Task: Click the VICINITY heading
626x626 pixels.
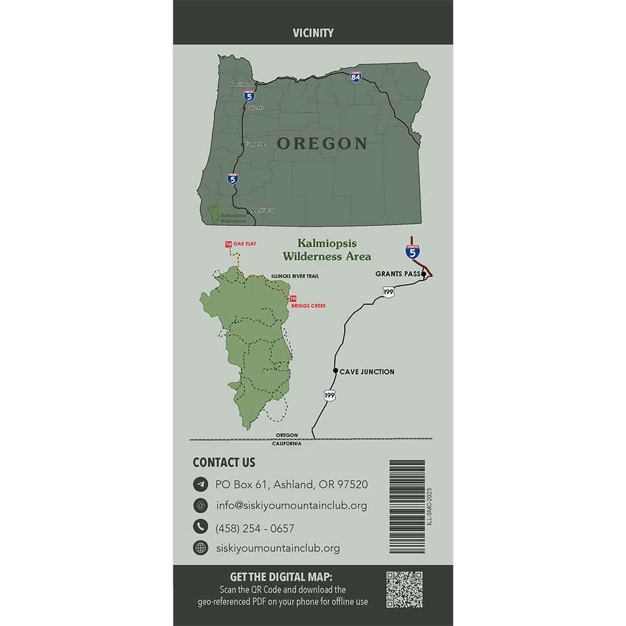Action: [x=313, y=33]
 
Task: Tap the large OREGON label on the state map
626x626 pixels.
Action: [x=322, y=143]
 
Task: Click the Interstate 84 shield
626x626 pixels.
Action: [x=356, y=77]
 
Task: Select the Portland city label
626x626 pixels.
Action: [x=242, y=84]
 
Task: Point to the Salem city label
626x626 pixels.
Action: [x=254, y=108]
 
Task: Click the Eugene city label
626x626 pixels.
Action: [x=255, y=144]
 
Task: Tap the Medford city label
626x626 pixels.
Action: [x=262, y=210]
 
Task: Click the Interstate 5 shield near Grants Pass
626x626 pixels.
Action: [x=412, y=252]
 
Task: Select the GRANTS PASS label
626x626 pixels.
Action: [x=398, y=274]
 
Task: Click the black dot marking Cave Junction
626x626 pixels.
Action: [x=336, y=371]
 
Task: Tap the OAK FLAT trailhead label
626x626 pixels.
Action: [x=245, y=244]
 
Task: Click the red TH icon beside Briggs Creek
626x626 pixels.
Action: [x=292, y=298]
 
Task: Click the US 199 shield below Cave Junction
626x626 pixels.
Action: [x=329, y=395]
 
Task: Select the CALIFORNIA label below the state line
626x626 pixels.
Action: [x=287, y=443]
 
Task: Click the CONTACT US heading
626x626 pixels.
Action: [x=224, y=463]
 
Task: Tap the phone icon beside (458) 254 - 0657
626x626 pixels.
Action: [x=200, y=526]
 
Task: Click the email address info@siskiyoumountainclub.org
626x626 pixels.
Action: [x=291, y=505]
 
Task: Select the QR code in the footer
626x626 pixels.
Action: [x=404, y=589]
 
